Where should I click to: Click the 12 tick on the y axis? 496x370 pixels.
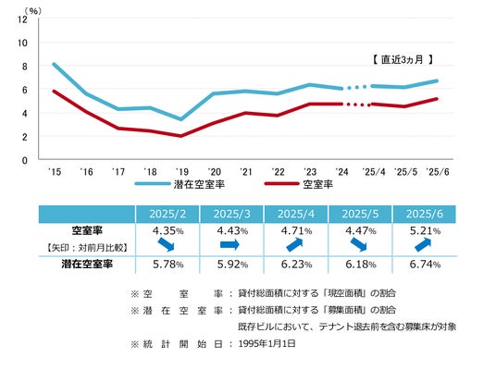tap(22, 19)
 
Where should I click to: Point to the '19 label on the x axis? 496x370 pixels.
tap(182, 172)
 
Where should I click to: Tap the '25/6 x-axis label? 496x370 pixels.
tap(438, 172)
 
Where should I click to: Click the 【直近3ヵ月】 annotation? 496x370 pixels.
tap(403, 59)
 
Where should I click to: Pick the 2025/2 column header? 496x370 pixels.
tap(167, 214)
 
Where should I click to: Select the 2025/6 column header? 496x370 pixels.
tap(425, 214)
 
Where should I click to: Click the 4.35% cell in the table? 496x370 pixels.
tap(168, 231)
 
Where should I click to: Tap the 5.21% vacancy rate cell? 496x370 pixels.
tap(425, 231)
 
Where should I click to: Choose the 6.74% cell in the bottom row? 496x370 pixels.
tap(425, 264)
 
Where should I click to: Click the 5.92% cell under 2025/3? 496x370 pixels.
tap(232, 264)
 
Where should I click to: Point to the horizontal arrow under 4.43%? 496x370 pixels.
tap(229, 244)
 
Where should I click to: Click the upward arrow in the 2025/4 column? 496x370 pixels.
tap(294, 244)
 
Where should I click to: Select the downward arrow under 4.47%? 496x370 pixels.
tap(358, 244)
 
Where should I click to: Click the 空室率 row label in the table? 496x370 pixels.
tap(87, 230)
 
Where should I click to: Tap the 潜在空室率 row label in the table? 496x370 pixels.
tap(87, 264)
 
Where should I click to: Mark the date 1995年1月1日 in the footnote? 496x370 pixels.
tap(267, 344)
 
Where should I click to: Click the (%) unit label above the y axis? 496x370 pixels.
tap(33, 11)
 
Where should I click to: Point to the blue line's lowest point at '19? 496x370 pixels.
tap(181, 119)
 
